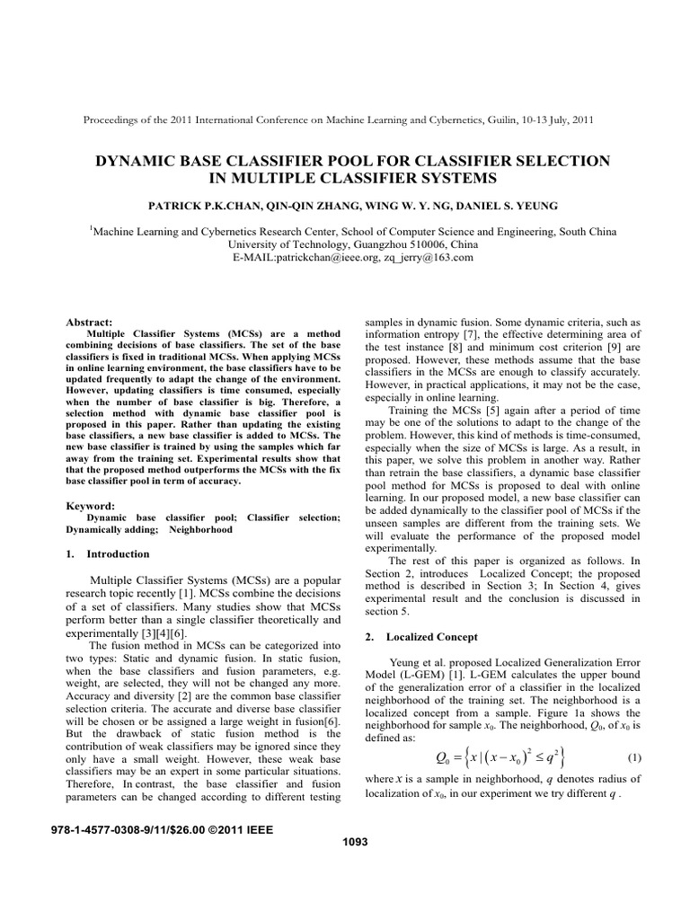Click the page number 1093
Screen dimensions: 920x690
(345, 842)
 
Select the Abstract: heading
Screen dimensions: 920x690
(90, 322)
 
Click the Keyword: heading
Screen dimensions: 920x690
(91, 506)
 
